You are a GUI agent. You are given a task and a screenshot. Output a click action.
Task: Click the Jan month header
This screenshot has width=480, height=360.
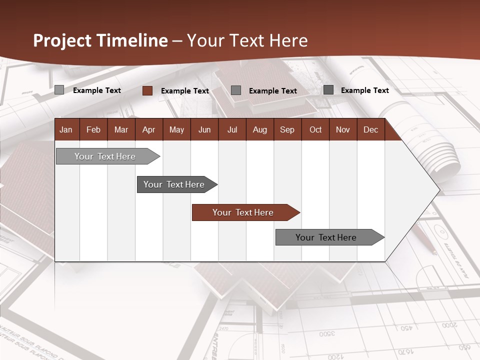66,129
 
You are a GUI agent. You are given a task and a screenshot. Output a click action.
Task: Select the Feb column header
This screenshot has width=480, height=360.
93,129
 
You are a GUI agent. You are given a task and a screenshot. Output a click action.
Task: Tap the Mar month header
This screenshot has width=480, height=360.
121,129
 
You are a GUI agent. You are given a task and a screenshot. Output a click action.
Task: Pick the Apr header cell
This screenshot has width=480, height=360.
149,129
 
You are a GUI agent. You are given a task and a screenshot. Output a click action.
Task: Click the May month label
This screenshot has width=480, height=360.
176,129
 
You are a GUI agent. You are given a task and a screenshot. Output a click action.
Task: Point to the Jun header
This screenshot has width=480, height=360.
204,129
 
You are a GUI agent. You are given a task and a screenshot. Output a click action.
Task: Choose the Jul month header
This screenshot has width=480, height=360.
232,129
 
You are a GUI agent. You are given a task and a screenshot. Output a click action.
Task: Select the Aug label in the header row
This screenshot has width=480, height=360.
260,129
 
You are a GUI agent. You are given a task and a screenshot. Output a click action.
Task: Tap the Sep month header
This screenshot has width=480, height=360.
287,129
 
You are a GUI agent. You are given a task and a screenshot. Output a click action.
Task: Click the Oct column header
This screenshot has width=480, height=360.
315,129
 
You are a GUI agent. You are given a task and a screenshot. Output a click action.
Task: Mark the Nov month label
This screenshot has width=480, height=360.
343,129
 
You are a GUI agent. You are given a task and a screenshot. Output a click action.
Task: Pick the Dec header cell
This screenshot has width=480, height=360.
370,129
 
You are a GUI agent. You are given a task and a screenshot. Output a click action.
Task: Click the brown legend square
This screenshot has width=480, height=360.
147,90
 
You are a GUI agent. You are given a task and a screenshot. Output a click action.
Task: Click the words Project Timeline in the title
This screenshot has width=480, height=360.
100,40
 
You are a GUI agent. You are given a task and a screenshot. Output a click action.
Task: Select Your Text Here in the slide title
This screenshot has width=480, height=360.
247,40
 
